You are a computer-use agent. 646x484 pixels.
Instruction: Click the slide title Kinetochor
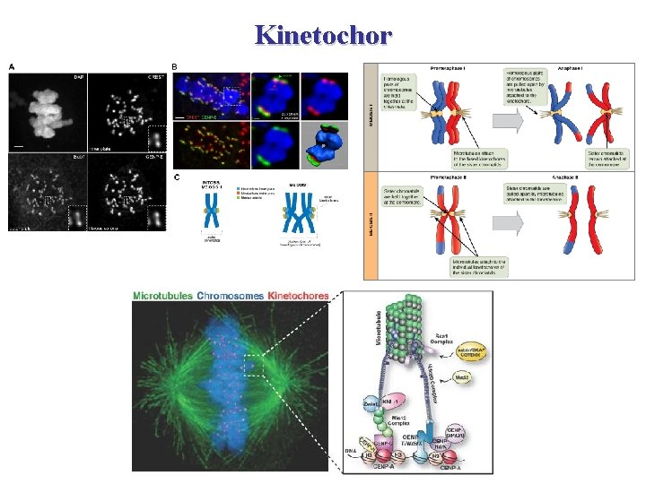point(323,35)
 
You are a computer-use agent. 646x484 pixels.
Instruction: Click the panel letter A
point(12,66)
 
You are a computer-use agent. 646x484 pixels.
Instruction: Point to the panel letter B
point(175,66)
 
